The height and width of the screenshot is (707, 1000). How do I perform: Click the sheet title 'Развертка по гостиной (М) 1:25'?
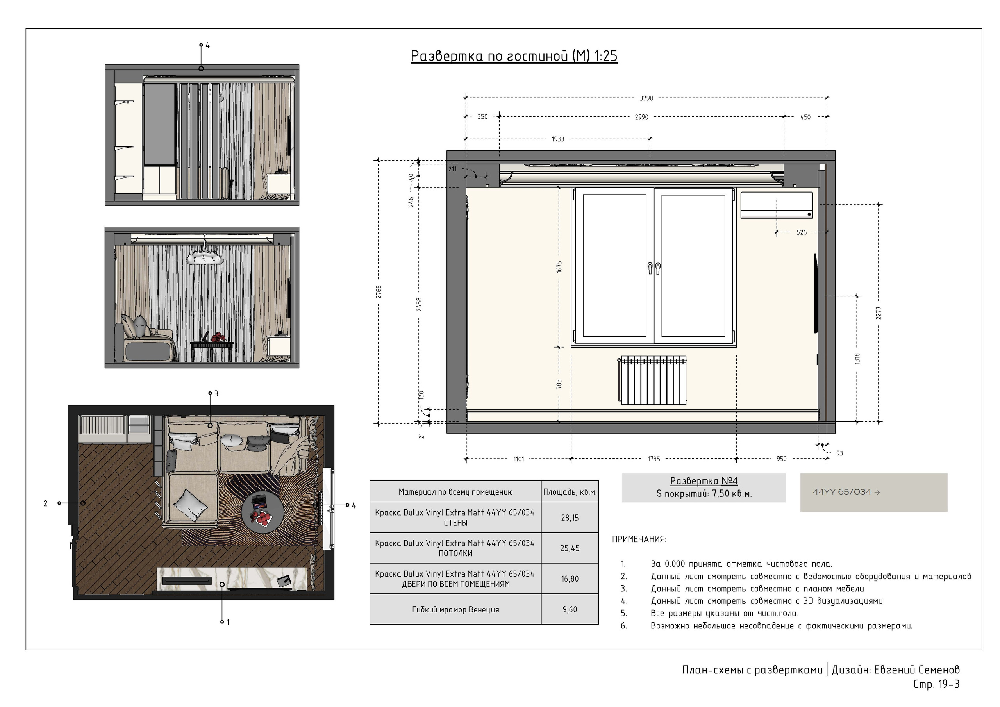pos(514,56)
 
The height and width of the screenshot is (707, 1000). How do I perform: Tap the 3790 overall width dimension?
pos(646,98)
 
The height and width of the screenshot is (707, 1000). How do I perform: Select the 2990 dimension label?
pos(641,117)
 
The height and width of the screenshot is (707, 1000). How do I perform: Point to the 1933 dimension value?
pos(558,139)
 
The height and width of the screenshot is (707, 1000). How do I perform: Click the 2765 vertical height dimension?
pos(379,292)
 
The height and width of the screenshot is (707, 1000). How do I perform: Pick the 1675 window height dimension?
pos(559,267)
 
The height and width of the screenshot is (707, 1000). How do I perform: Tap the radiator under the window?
pos(652,380)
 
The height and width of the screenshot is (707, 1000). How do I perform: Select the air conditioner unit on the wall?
pos(777,205)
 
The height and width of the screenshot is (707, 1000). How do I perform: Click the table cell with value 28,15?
pos(570,518)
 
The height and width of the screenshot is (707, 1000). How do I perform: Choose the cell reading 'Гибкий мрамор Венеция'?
pos(455,609)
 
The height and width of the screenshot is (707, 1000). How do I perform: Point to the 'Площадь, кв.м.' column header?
pos(570,492)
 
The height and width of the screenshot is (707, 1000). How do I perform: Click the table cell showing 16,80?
pos(570,578)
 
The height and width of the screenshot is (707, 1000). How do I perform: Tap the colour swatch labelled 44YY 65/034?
pos(874,493)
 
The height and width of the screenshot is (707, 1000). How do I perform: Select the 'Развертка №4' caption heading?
pos(704,481)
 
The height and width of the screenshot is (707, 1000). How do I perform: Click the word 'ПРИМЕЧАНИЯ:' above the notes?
pos(639,539)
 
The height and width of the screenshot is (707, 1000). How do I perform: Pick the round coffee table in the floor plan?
pos(262,512)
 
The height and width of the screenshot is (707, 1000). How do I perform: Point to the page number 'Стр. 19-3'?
pos(936,684)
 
